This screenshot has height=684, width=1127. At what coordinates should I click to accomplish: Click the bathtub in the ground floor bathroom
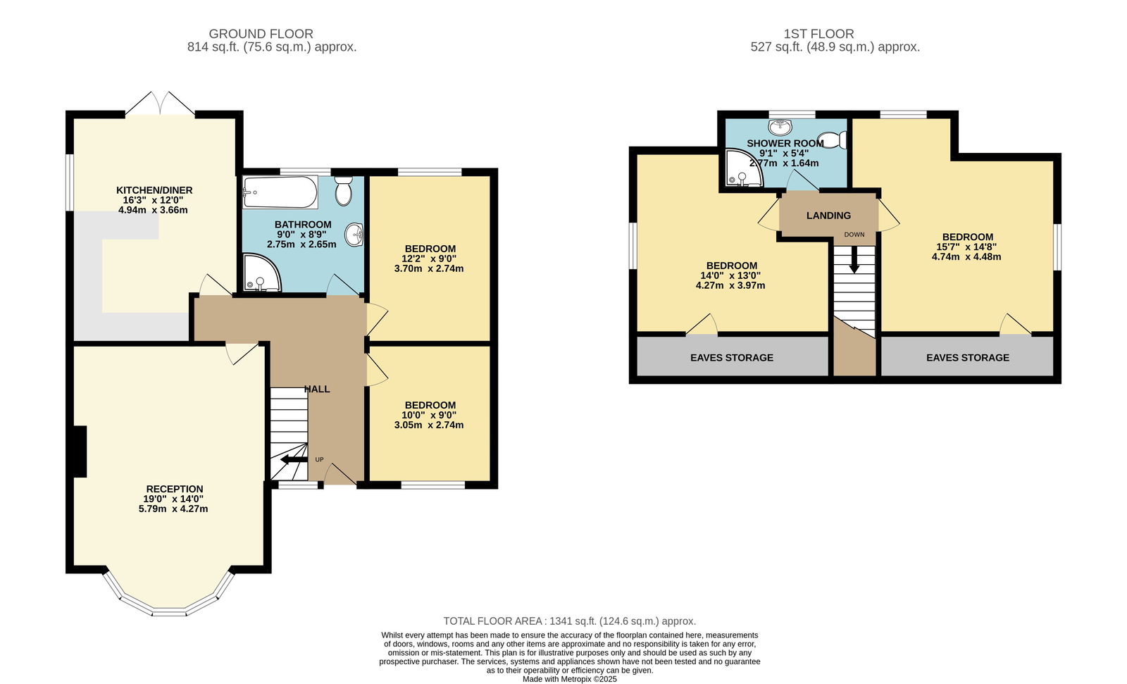pyautogui.click(x=280, y=192)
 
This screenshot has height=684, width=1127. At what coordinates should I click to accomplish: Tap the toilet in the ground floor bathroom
pyautogui.click(x=344, y=190)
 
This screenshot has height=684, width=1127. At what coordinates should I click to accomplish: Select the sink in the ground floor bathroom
pyautogui.click(x=354, y=235)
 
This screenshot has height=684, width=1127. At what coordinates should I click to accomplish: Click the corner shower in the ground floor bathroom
pyautogui.click(x=261, y=273)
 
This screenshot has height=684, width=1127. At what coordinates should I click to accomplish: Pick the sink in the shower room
pyautogui.click(x=780, y=128)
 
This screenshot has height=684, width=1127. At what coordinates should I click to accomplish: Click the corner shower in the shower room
pyautogui.click(x=744, y=168)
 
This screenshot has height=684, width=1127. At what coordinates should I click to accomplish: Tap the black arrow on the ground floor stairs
pyautogui.click(x=294, y=459)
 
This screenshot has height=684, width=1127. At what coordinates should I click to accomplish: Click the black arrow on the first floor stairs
pyautogui.click(x=854, y=260)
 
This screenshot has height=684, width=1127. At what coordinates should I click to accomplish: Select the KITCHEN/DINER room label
pyautogui.click(x=154, y=190)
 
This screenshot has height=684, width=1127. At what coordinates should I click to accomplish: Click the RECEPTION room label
pyautogui.click(x=175, y=489)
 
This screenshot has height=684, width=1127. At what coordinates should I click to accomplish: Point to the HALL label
pyautogui.click(x=317, y=389)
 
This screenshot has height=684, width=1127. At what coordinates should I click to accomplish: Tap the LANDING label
pyautogui.click(x=828, y=216)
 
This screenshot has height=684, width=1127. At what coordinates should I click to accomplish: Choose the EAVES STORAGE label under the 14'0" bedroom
pyautogui.click(x=732, y=358)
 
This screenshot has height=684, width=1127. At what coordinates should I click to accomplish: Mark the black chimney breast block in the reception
pyautogui.click(x=80, y=452)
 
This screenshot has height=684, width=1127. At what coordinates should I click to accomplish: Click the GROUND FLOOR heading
pyautogui.click(x=261, y=34)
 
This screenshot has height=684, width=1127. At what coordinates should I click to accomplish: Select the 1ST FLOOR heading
pyautogui.click(x=818, y=34)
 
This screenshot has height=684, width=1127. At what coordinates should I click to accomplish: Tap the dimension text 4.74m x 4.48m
pyautogui.click(x=966, y=256)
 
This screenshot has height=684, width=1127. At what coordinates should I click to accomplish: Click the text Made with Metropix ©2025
pyautogui.click(x=570, y=679)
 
